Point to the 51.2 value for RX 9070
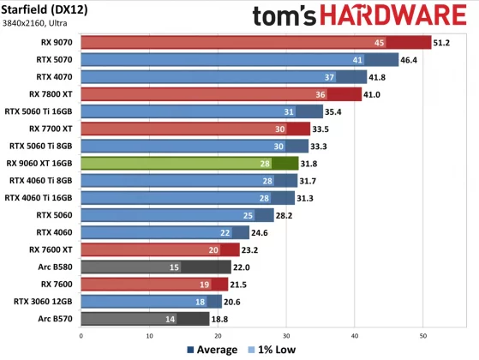(x=442, y=43)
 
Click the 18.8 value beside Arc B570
(x=222, y=318)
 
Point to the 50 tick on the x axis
(x=422, y=335)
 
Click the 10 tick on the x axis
(x=150, y=335)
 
